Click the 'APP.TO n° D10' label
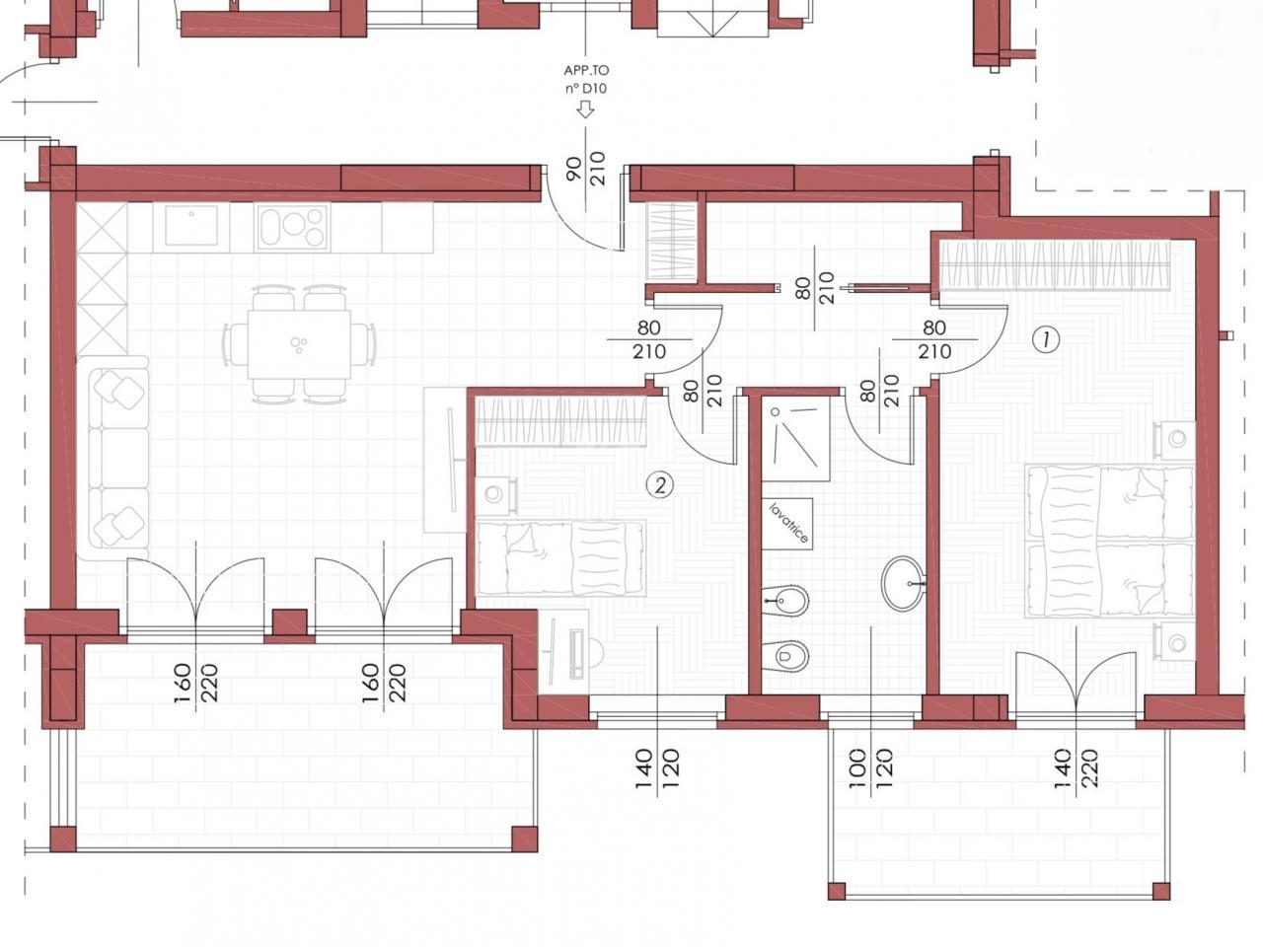pyautogui.click(x=586, y=79)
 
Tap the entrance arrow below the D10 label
pyautogui.click(x=586, y=109)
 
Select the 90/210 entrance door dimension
pyautogui.click(x=586, y=168)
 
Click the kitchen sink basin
pyautogui.click(x=191, y=226)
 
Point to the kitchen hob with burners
pyautogui.click(x=292, y=227)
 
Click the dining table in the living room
pyautogui.click(x=299, y=344)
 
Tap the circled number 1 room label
pyautogui.click(x=1046, y=339)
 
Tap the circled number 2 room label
pyautogui.click(x=659, y=486)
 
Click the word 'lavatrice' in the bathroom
pyautogui.click(x=788, y=523)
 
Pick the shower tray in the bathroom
pyautogui.click(x=795, y=438)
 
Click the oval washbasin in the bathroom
pyautogui.click(x=904, y=583)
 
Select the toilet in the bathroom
pyautogui.click(x=784, y=655)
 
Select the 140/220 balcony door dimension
pyautogui.click(x=1077, y=767)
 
